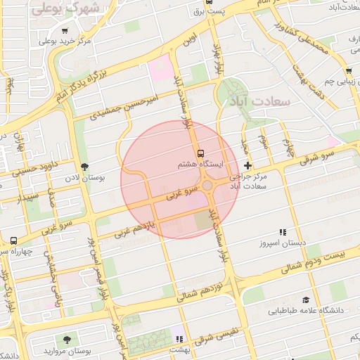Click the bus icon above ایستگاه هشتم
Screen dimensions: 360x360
coord(201,153)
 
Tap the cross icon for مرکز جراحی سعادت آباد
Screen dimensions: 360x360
coord(247,165)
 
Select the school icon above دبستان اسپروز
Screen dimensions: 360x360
coord(283,232)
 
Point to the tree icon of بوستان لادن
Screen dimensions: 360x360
coord(84,167)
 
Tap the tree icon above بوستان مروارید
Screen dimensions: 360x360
coord(67,340)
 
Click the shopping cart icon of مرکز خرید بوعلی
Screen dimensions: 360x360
coord(65,31)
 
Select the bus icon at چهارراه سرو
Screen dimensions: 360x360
coord(13,240)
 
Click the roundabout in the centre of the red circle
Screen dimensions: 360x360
coord(208,186)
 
